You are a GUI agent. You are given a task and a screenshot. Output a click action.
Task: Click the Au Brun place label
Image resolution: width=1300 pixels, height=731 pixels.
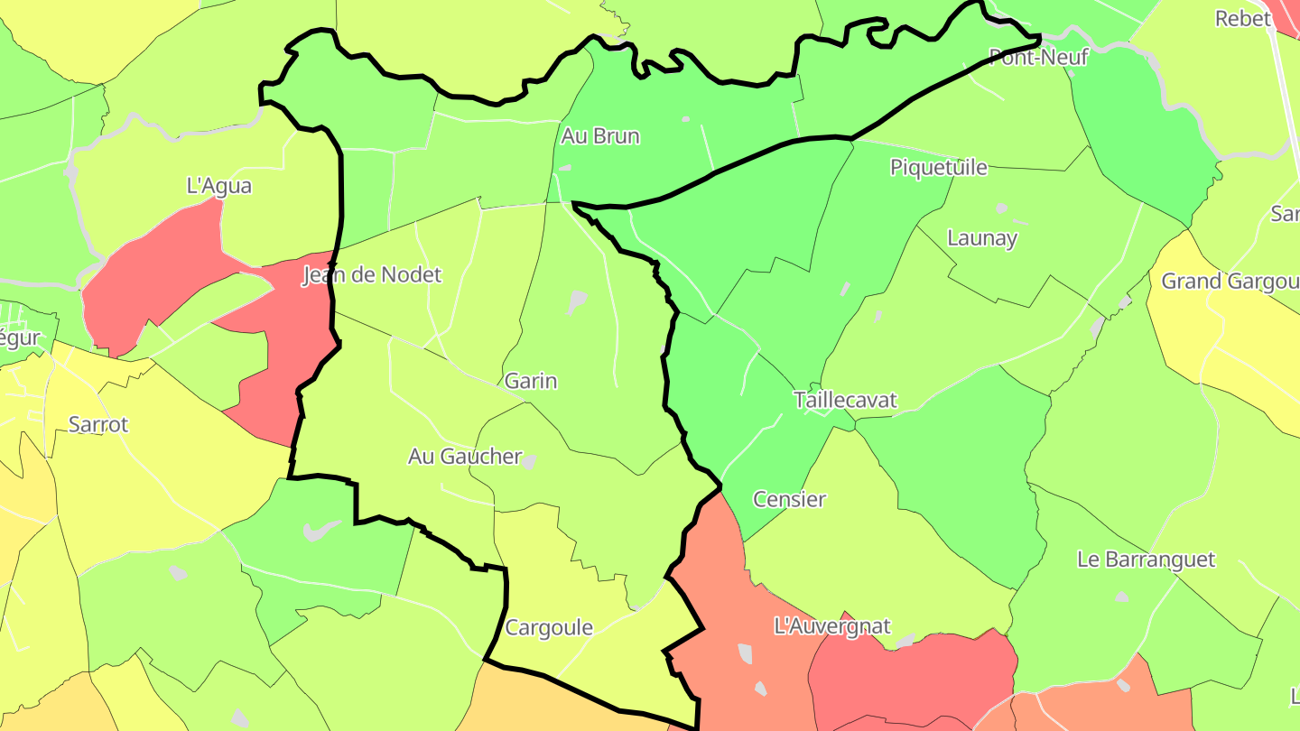pyautogui.click(x=600, y=136)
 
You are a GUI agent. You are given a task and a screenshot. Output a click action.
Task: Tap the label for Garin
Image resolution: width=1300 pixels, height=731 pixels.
pyautogui.click(x=531, y=381)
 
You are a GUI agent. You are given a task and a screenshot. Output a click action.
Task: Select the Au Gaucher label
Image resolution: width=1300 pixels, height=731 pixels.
pyautogui.click(x=465, y=457)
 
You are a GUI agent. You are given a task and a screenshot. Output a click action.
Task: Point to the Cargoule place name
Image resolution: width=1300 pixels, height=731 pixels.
pyautogui.click(x=549, y=627)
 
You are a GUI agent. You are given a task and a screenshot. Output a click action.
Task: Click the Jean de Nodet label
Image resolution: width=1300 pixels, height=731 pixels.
pyautogui.click(x=372, y=274)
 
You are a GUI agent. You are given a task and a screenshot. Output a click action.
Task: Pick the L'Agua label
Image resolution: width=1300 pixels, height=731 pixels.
pyautogui.click(x=218, y=186)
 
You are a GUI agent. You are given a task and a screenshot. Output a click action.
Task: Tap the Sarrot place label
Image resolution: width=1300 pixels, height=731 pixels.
pyautogui.click(x=98, y=424)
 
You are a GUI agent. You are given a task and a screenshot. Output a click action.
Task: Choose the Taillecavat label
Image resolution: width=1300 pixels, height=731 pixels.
pyautogui.click(x=846, y=400)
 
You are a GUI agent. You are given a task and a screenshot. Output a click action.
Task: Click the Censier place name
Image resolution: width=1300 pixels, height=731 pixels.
pyautogui.click(x=789, y=499)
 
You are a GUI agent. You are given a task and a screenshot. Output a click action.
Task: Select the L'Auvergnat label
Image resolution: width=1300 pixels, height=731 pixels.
pyautogui.click(x=832, y=625)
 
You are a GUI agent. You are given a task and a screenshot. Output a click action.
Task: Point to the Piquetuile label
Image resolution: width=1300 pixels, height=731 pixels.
pyautogui.click(x=939, y=167)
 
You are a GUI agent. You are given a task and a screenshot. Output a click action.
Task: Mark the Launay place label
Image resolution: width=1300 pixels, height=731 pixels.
pyautogui.click(x=982, y=238)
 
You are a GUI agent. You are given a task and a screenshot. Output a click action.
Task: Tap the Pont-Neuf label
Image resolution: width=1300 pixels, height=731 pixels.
pyautogui.click(x=1039, y=58)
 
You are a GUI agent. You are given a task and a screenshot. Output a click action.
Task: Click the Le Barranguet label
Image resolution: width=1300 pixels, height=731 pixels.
pyautogui.click(x=1147, y=560)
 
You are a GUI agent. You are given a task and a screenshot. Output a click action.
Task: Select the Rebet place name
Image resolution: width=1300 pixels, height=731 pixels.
pyautogui.click(x=1243, y=18)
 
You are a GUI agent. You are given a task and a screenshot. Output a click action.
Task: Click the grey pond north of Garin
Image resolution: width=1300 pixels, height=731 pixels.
pyautogui.click(x=577, y=301)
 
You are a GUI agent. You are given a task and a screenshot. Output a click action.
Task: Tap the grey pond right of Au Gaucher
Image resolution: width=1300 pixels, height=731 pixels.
pyautogui.click(x=529, y=461)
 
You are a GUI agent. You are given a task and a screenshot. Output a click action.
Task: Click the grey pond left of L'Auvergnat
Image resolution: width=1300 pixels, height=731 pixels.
pyautogui.click(x=746, y=653)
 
